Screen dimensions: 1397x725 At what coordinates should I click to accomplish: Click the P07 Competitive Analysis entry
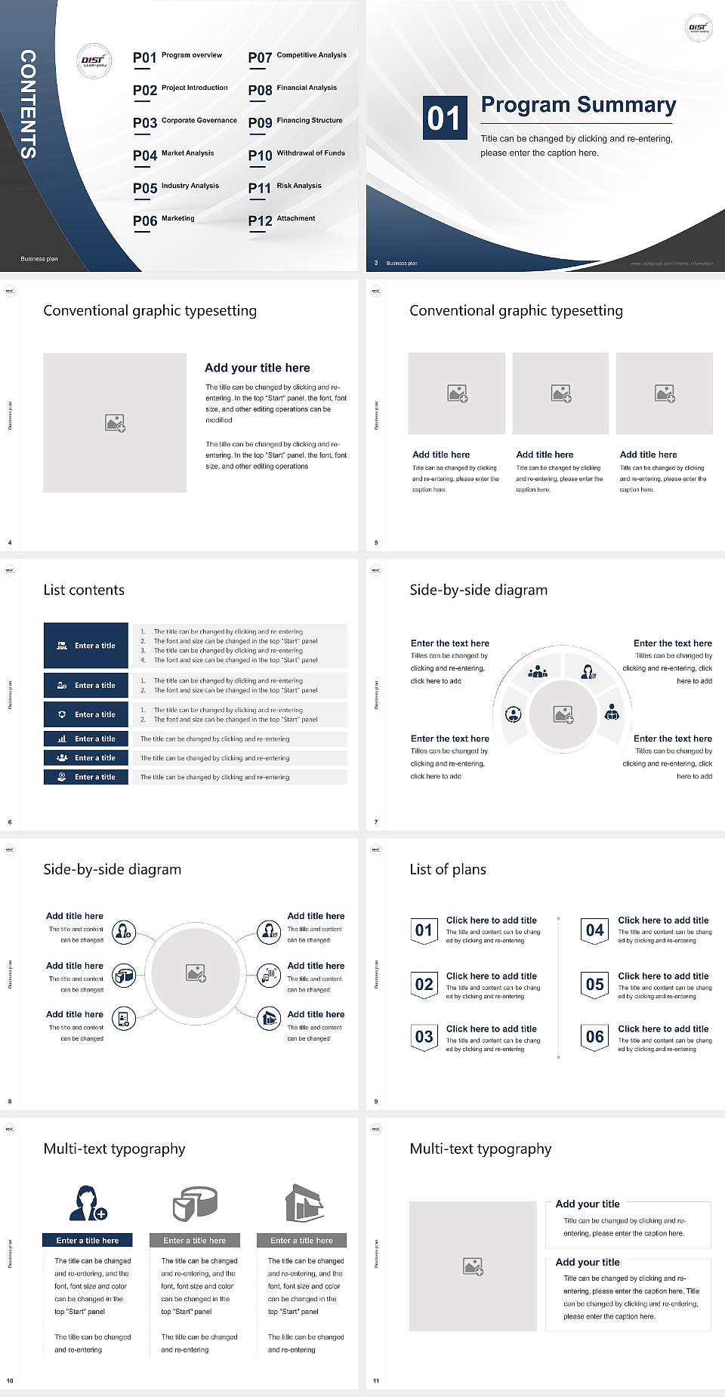[x=297, y=57]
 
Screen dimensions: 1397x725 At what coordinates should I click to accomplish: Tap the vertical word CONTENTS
[x=28, y=104]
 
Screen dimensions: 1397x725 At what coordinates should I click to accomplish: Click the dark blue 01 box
[x=444, y=118]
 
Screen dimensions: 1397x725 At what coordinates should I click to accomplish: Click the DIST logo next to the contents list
[x=94, y=61]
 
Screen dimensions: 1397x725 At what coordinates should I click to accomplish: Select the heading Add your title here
[x=257, y=368]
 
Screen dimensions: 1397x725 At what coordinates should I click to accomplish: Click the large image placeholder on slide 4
[x=115, y=422]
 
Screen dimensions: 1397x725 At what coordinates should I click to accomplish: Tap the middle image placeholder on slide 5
[x=560, y=393]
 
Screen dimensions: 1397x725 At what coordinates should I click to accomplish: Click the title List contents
[x=84, y=590]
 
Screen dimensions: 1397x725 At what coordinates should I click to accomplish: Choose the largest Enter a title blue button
[x=86, y=646]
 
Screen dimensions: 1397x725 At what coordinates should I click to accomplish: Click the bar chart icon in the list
[x=62, y=739]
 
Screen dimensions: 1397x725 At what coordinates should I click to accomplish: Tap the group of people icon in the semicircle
[x=538, y=671]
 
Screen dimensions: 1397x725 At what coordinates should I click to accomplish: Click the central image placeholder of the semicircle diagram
[x=563, y=714]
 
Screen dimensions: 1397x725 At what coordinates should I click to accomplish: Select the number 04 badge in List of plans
[x=595, y=930]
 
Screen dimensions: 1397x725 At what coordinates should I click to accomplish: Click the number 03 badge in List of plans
[x=424, y=1037]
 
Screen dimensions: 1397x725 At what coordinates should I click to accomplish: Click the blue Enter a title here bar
[x=88, y=1240]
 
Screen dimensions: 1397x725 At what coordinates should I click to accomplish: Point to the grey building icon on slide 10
[x=304, y=1203]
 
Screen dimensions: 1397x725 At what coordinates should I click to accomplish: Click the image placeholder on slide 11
[x=473, y=1266]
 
